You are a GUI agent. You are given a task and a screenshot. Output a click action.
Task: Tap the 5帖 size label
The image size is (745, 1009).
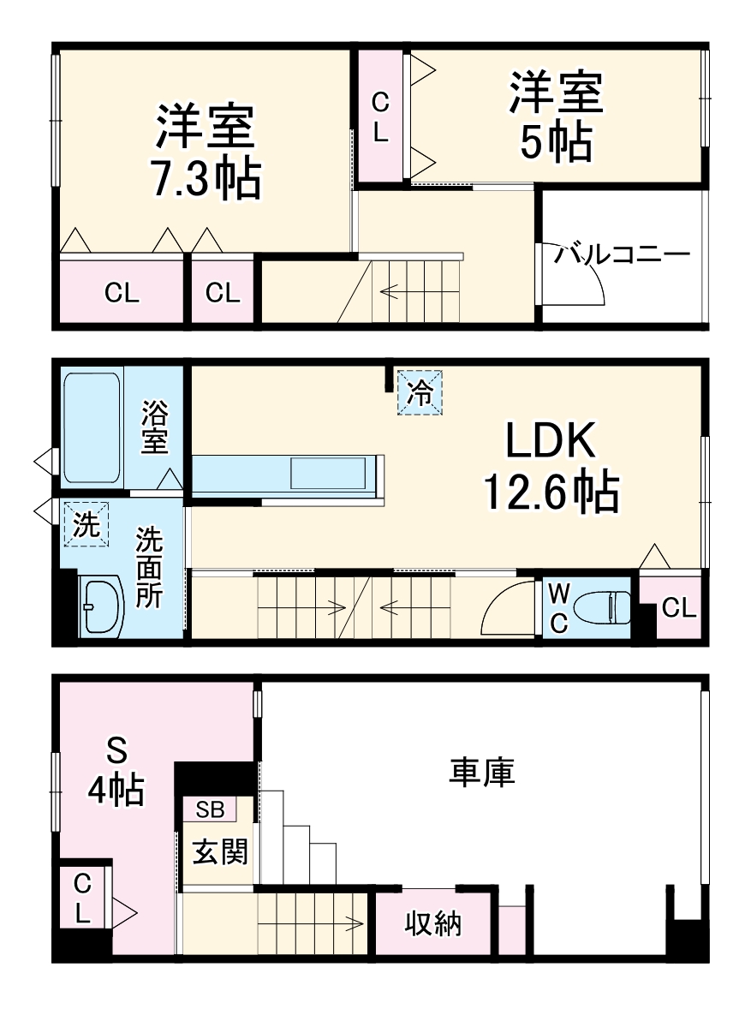pos(556,142)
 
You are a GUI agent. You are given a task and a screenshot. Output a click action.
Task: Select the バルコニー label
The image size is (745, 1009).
pos(621,255)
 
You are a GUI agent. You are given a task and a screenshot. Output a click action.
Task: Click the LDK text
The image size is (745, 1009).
pos(550,443)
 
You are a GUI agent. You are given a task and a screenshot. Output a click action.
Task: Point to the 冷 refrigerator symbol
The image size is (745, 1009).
pos(420,392)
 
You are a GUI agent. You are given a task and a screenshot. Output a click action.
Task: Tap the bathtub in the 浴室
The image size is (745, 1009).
pos(92,427)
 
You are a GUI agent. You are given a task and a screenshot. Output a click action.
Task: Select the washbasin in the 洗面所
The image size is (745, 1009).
pos(101,606)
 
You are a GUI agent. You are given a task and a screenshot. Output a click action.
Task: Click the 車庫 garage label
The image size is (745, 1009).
pos(482,772)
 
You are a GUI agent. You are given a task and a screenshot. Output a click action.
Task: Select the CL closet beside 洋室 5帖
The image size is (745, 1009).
pos(380,116)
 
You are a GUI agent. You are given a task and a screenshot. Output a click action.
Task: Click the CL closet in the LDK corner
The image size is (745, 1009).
pos(678,608)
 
